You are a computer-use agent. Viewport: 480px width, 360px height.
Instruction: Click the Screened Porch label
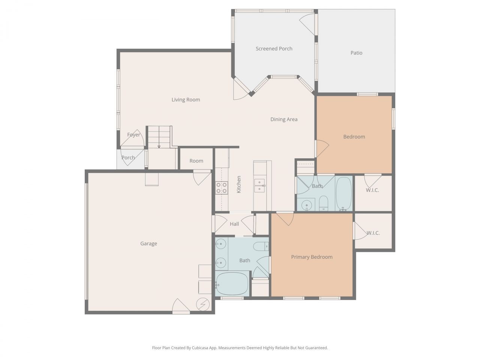(x=274, y=49)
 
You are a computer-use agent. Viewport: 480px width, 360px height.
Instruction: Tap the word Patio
(x=356, y=53)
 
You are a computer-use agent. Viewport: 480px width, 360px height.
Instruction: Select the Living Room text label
(x=186, y=100)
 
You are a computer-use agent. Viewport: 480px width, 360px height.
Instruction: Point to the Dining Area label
(x=284, y=120)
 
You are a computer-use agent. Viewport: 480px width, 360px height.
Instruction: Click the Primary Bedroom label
(x=312, y=257)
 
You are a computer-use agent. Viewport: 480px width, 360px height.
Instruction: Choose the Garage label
(x=148, y=244)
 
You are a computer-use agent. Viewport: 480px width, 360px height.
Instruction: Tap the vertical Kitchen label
(x=239, y=184)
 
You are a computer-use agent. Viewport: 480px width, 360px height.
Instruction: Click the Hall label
(x=234, y=224)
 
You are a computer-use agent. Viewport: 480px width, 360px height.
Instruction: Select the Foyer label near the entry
(x=133, y=135)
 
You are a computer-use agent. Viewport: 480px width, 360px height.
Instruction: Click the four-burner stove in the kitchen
(x=222, y=187)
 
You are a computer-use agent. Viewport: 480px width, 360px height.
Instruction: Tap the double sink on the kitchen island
(x=259, y=186)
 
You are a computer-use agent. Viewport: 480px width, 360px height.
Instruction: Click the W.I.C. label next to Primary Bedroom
(x=373, y=233)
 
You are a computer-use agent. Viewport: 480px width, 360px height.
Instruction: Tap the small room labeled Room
(x=196, y=161)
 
